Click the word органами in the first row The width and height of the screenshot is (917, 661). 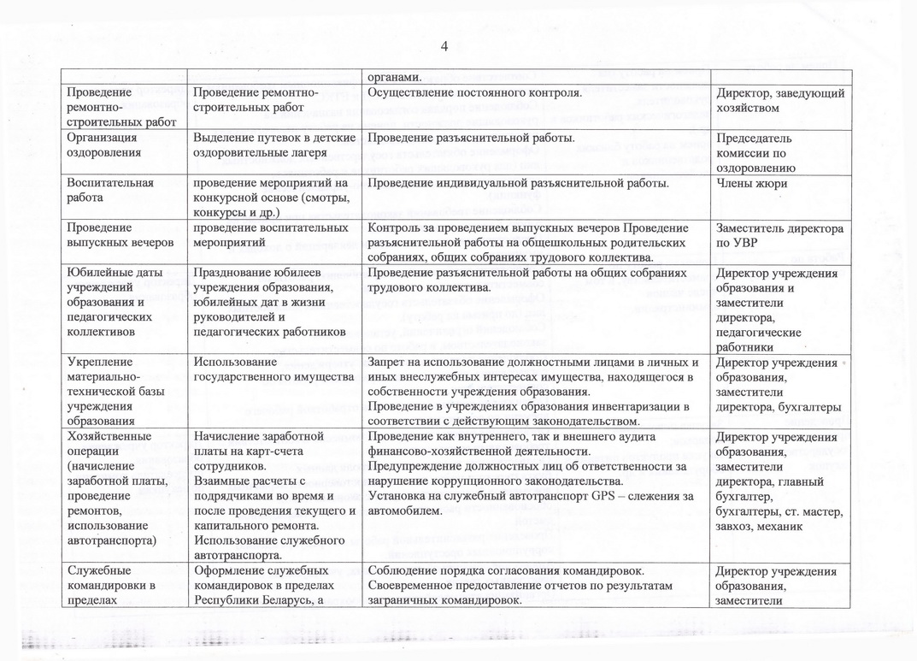(x=393, y=75)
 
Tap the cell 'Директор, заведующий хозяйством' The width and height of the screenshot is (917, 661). (x=780, y=100)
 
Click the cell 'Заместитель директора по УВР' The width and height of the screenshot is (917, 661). (x=780, y=235)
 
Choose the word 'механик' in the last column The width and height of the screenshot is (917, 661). (x=777, y=527)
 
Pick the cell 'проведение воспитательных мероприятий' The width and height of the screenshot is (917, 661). (x=272, y=235)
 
